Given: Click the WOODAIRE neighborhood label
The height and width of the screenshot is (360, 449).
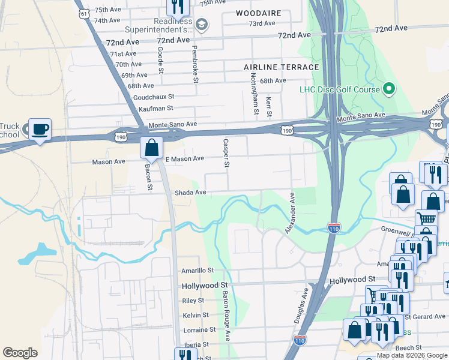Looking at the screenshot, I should coord(258,13).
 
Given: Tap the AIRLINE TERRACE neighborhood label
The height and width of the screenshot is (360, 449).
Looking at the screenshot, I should coord(282,67).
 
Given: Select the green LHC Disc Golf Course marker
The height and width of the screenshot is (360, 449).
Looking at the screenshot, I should coord(388,90).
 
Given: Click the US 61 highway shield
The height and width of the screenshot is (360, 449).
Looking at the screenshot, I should coord(85,12).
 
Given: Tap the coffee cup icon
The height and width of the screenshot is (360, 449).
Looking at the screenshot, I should coord(40,130).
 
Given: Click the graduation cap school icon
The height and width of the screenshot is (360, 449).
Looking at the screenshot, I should coord(202,24).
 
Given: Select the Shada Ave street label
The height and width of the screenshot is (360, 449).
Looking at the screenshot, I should coord(190,193).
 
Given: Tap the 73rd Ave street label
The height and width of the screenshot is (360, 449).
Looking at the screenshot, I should coord(262,23).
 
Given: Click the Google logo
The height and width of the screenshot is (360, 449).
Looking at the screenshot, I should coord(20,353).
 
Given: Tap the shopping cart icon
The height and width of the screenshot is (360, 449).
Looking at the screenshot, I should coord(426,219).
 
